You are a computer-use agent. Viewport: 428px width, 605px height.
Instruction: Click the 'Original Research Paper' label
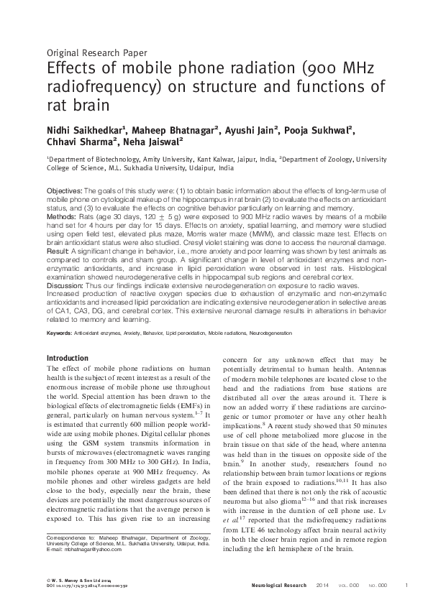96,52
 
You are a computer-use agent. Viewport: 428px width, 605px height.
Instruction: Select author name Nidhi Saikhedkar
86,130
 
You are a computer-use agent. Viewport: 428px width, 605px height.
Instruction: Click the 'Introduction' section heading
67,358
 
